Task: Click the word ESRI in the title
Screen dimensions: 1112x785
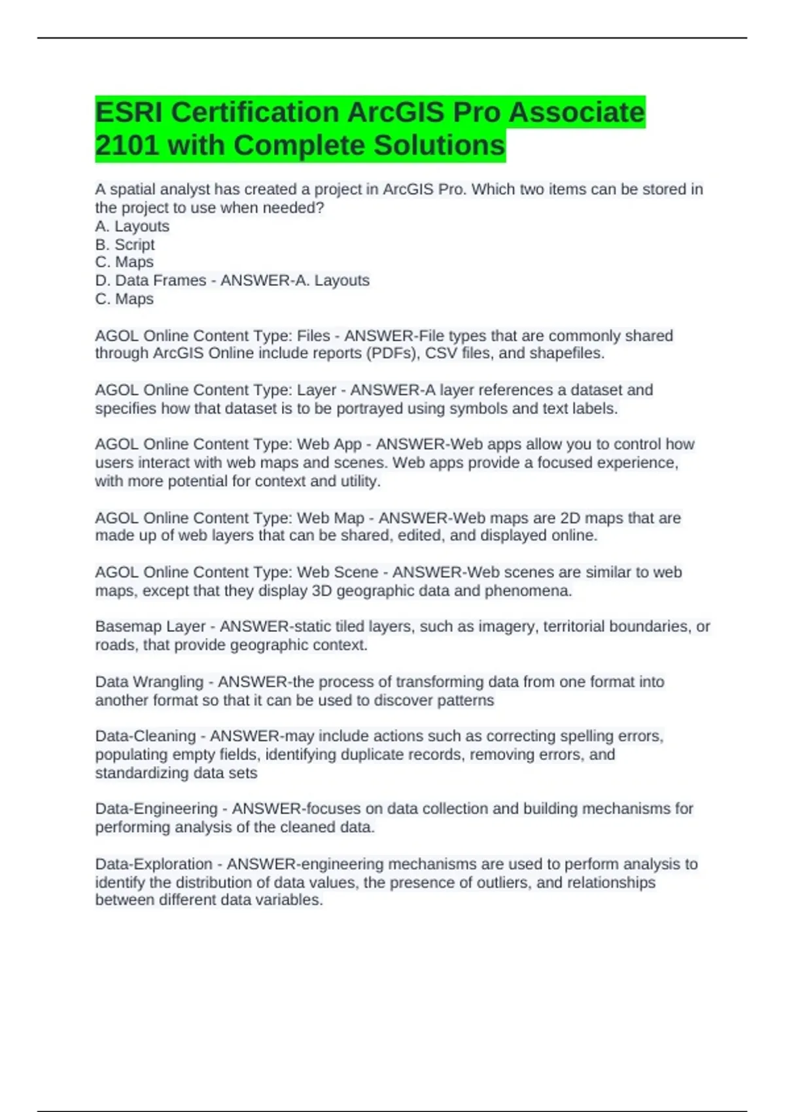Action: (128, 113)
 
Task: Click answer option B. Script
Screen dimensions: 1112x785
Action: (125, 245)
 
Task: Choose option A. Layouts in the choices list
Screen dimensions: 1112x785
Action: (132, 226)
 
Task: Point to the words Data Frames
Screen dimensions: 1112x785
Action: (160, 281)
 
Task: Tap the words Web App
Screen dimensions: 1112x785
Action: (329, 444)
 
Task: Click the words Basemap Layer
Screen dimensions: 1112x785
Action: (150, 627)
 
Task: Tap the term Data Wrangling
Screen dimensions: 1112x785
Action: (149, 682)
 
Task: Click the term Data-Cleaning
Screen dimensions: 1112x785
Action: (145, 737)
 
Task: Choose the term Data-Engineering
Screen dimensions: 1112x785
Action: (156, 809)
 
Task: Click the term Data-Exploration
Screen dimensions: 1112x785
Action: (154, 864)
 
